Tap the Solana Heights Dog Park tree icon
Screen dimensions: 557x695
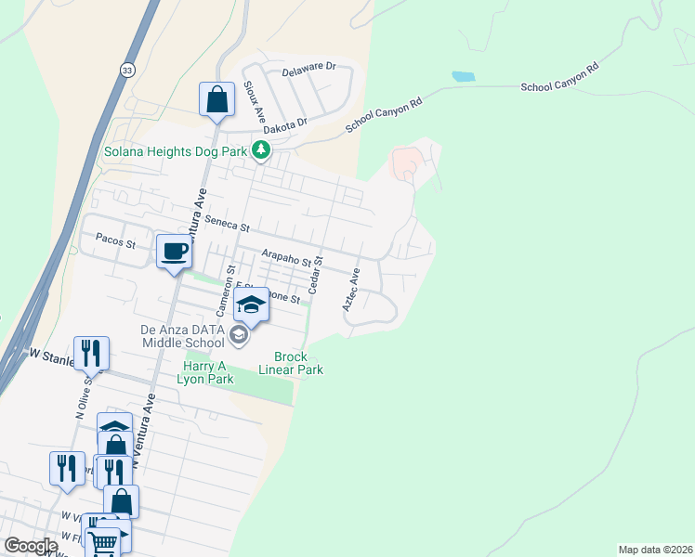[x=263, y=149]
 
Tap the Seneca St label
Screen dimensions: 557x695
[x=229, y=224]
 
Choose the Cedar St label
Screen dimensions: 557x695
[x=315, y=277]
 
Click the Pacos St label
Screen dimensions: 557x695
[x=116, y=245]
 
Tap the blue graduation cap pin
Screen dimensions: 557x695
[x=251, y=303]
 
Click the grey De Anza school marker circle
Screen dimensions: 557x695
[x=239, y=335]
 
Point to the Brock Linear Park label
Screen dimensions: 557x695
[x=297, y=363]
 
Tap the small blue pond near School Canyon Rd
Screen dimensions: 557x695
[x=463, y=76]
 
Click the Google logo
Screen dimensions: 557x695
[x=30, y=546]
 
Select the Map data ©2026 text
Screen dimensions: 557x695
[x=655, y=550]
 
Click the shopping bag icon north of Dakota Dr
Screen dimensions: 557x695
[x=216, y=98]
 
